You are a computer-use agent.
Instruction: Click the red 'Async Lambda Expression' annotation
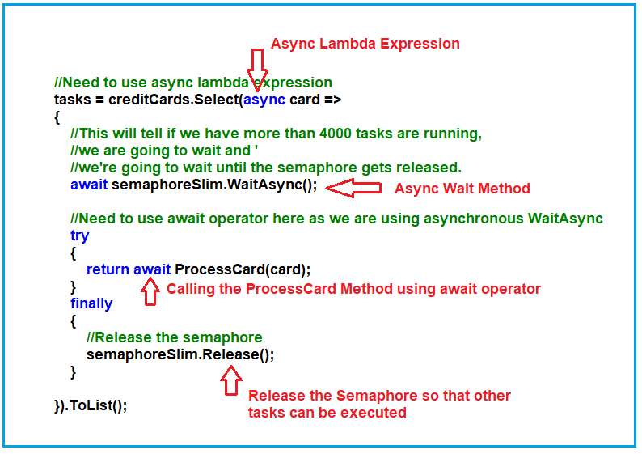(x=365, y=44)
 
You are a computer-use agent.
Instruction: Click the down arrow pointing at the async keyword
(x=258, y=68)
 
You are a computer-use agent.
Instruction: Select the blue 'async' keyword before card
(x=264, y=100)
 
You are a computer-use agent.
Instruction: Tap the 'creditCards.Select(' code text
(x=177, y=100)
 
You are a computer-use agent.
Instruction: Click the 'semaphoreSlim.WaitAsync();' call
(x=214, y=185)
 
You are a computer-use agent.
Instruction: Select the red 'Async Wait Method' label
(x=462, y=189)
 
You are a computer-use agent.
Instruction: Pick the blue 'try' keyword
(x=80, y=235)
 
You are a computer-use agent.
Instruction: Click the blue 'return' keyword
(x=108, y=269)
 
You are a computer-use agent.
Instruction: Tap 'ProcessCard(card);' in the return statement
(x=243, y=269)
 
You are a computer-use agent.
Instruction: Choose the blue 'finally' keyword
(x=91, y=303)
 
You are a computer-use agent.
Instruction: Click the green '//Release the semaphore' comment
(x=174, y=337)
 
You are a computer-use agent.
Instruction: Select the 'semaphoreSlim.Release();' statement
(x=180, y=354)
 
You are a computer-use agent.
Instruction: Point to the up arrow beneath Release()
(x=231, y=380)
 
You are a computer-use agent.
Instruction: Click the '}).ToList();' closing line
(x=91, y=405)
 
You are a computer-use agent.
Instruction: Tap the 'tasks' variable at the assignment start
(x=72, y=100)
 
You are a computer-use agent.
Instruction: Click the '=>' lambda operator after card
(x=332, y=100)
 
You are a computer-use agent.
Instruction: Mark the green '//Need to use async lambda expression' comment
(x=193, y=83)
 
